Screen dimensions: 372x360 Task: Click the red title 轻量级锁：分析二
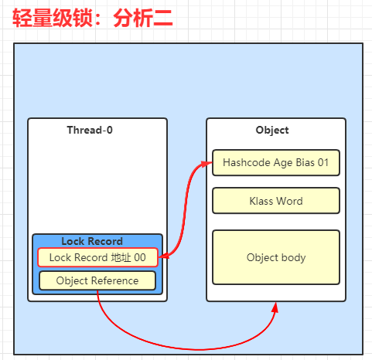tap(93, 18)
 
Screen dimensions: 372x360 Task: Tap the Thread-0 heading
tap(90, 130)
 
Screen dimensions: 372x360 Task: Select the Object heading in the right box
tap(272, 131)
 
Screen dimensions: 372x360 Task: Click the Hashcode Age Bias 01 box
tap(276, 163)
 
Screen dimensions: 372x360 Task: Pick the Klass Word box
tap(276, 201)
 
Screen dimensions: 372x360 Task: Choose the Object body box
tap(276, 257)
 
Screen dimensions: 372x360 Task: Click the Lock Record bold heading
tap(92, 241)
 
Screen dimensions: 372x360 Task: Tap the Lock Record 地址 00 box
tap(97, 257)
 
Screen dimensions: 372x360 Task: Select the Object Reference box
tap(97, 280)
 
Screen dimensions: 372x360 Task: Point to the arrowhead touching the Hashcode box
tap(207, 164)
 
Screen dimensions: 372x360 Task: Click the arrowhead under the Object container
tap(275, 307)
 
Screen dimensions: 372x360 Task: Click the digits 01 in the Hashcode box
tap(323, 163)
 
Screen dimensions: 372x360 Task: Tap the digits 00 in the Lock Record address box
tap(140, 257)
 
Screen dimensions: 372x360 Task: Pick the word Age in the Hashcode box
tap(283, 163)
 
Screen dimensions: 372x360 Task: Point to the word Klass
tap(261, 201)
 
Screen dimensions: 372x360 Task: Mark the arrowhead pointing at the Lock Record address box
tap(163, 256)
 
